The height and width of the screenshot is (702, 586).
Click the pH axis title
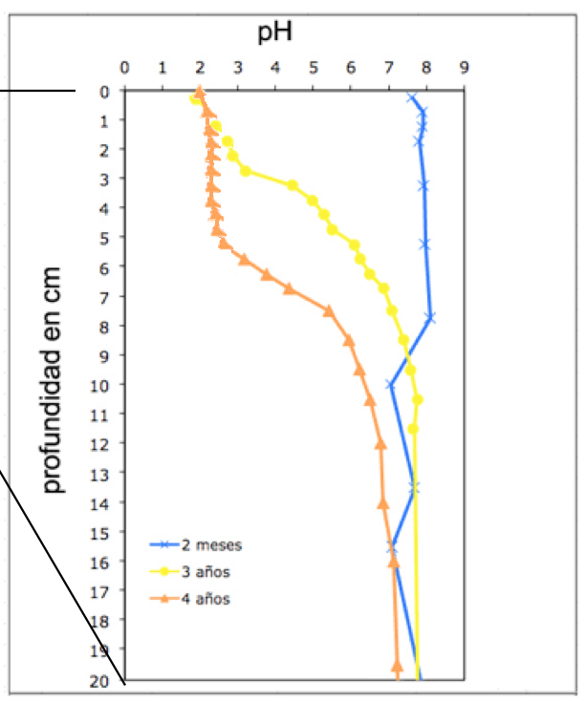[274, 33]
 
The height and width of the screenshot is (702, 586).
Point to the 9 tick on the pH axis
[465, 68]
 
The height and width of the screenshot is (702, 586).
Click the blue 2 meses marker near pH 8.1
[430, 318]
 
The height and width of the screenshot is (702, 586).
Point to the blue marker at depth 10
[391, 384]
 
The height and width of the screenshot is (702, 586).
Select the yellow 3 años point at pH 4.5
[293, 185]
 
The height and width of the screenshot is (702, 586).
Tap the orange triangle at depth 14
[383, 502]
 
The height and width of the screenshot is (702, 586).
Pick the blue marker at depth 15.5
[392, 546]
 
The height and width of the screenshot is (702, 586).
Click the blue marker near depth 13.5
[414, 488]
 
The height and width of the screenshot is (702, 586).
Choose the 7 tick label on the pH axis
[389, 68]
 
